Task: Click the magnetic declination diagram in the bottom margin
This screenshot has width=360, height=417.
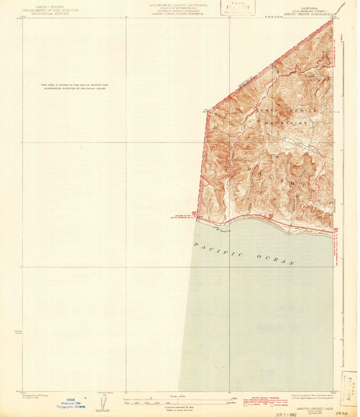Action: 102,402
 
